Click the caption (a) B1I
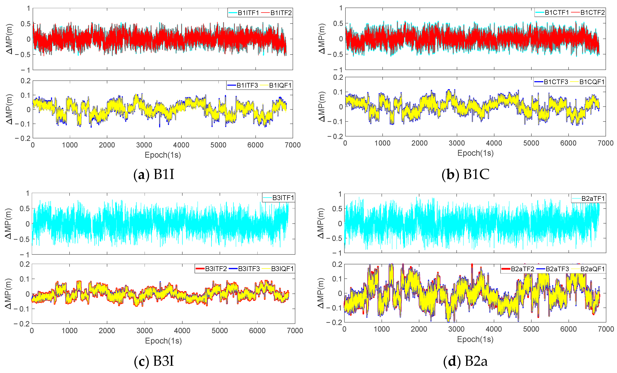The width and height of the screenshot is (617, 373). point(154,174)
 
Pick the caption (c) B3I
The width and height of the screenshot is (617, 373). point(154,361)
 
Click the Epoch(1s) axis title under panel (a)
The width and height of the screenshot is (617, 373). point(163,155)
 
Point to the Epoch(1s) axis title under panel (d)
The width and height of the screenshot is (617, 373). point(475,339)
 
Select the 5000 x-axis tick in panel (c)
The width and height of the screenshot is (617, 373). point(220,330)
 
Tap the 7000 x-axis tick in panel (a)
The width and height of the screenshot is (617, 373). point(292,145)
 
